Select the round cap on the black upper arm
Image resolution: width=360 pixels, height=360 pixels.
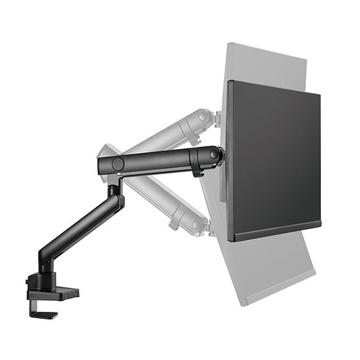pos(118,164)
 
